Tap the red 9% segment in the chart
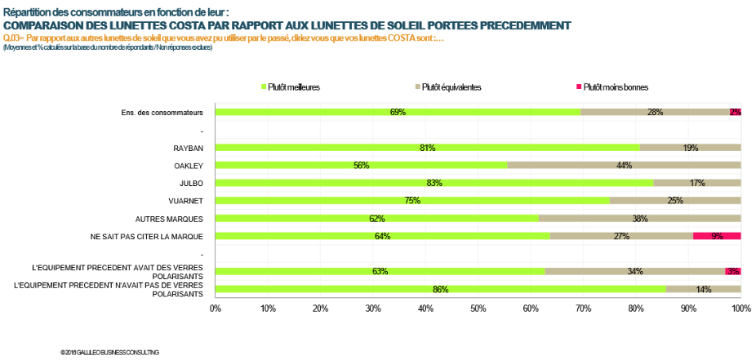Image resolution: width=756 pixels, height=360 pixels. click(x=717, y=236)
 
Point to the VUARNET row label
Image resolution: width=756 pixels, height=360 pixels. click(x=185, y=201)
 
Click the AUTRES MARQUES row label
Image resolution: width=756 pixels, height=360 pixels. click(x=169, y=219)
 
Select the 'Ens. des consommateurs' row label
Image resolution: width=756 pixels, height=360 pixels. click(x=156, y=112)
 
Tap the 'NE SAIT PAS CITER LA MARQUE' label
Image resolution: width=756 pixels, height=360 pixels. click(x=146, y=237)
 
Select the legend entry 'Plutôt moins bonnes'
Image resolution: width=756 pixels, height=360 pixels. click(x=615, y=87)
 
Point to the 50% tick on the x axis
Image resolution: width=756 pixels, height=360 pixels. click(x=478, y=309)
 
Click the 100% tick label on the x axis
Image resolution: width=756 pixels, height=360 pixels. click(x=740, y=309)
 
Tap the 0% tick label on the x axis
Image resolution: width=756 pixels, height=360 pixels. click(x=216, y=309)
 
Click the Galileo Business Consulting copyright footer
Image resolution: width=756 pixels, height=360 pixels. click(x=109, y=352)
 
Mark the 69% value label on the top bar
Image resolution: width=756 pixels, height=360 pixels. click(x=398, y=112)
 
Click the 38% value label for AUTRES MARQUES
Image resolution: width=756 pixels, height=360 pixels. click(x=639, y=219)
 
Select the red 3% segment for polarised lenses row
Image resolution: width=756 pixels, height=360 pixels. click(x=732, y=271)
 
